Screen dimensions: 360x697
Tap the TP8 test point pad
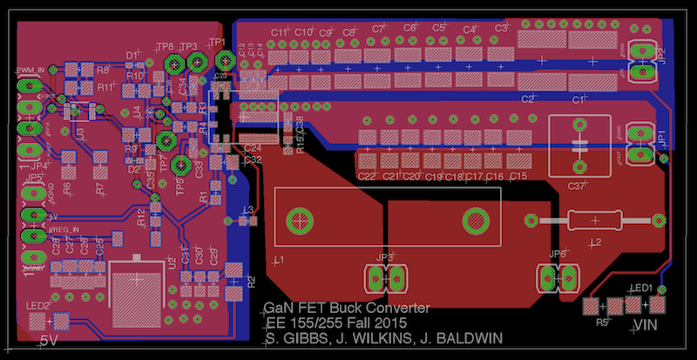(x=173, y=62)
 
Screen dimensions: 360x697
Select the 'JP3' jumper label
(x=384, y=259)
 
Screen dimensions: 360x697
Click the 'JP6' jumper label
(x=558, y=255)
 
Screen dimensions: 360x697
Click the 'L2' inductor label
(x=597, y=241)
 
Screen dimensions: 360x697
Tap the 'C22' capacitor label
(x=367, y=177)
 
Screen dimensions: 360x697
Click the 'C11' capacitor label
(x=279, y=31)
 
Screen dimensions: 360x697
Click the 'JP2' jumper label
(x=663, y=56)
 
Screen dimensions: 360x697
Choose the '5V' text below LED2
(x=48, y=342)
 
